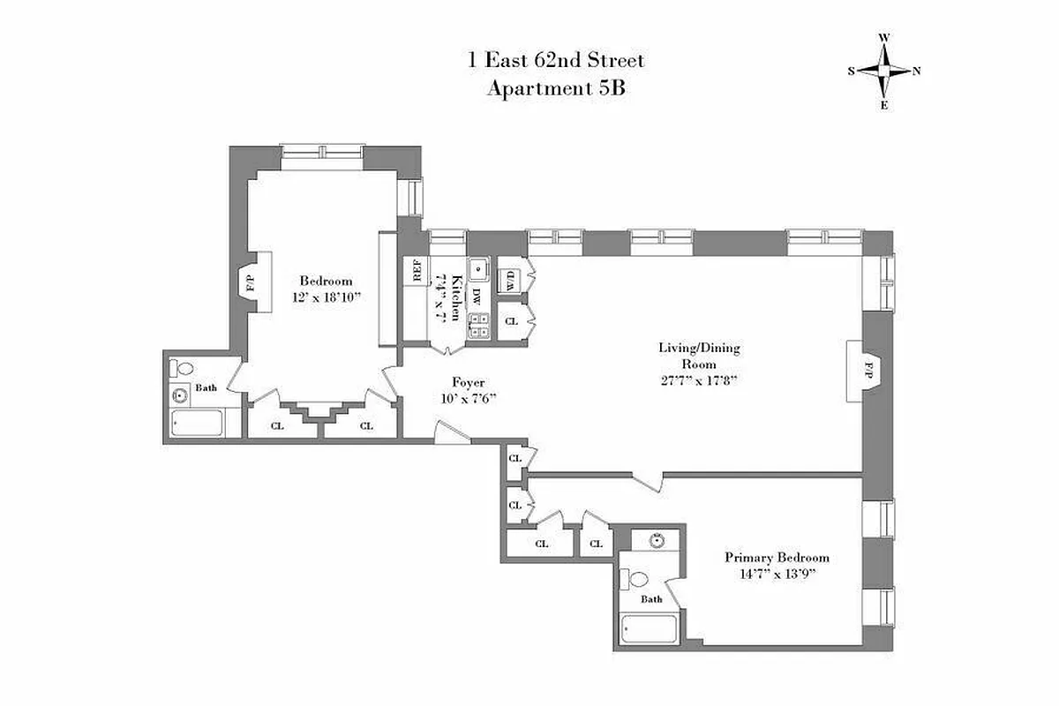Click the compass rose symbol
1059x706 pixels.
coord(884,71)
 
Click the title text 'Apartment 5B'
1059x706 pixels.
coord(556,88)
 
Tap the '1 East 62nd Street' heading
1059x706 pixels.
coord(556,61)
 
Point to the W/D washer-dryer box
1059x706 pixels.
coord(510,280)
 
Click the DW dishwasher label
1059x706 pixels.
coord(477,296)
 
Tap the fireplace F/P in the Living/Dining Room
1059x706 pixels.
coord(868,371)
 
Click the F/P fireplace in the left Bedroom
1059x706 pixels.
coord(251,283)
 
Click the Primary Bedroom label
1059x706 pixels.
coord(777,557)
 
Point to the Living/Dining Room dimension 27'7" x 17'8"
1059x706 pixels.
coord(698,380)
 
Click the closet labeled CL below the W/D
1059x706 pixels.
coord(510,322)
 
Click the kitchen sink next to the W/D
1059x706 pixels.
coord(478,268)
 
